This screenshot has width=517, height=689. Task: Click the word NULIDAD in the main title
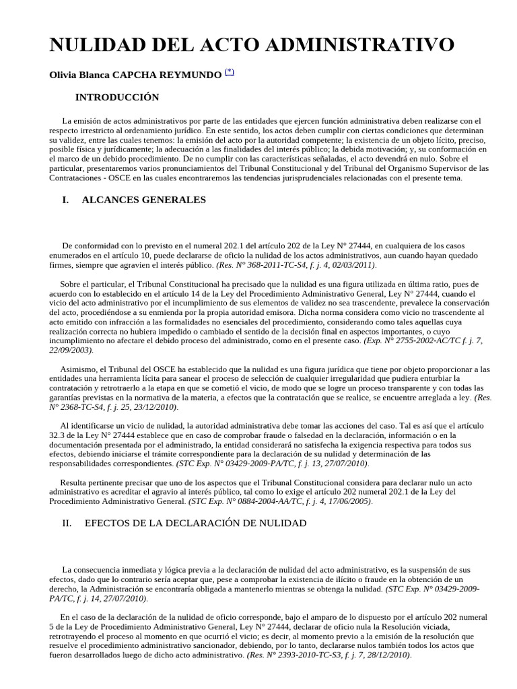tap(94, 45)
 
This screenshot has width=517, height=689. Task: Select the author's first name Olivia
tap(65, 75)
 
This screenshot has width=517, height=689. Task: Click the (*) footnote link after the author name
tap(229, 73)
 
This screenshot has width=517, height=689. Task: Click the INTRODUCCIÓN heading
tap(117, 98)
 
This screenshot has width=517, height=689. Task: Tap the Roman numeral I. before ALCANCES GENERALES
tap(65, 200)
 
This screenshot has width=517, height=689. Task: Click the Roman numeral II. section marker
tap(67, 523)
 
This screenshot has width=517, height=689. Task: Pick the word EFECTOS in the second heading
tap(108, 523)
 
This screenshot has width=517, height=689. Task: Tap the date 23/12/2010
tap(155, 407)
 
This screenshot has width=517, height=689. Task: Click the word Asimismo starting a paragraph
tap(79, 369)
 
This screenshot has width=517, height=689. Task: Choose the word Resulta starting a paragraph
tap(76, 482)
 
